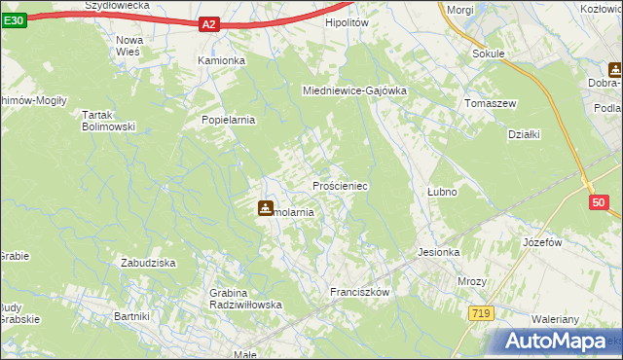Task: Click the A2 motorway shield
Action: click(x=208, y=25)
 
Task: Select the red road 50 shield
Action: click(x=598, y=202)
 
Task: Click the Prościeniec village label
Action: click(x=339, y=185)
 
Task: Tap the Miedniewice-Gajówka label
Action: click(x=354, y=90)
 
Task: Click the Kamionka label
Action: click(x=222, y=60)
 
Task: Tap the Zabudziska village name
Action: click(x=147, y=263)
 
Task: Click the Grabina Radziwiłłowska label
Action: click(x=245, y=299)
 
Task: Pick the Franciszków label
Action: click(x=360, y=292)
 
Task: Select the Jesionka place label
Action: click(x=438, y=252)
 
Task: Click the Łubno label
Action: click(x=442, y=192)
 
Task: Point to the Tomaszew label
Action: click(x=490, y=103)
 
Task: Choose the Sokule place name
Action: click(x=488, y=54)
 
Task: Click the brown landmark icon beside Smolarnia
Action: click(x=265, y=207)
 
